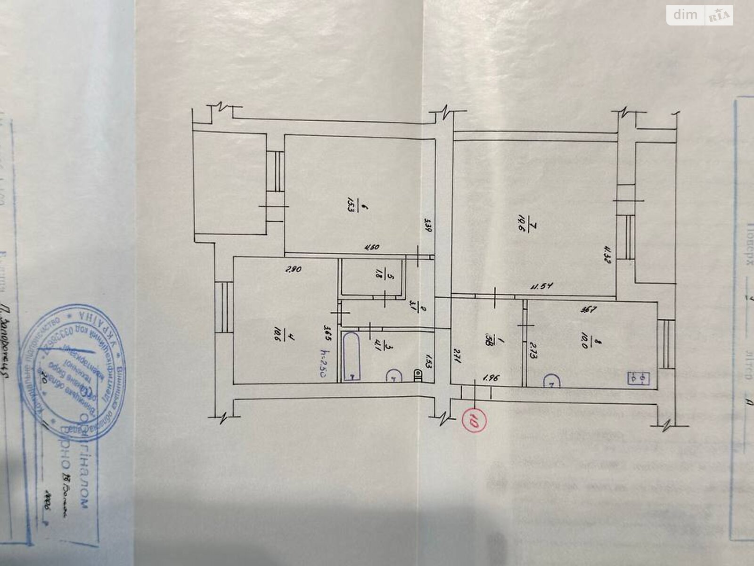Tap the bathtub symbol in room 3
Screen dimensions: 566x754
click(351, 357)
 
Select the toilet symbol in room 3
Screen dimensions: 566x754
click(418, 375)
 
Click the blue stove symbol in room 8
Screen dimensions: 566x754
click(639, 378)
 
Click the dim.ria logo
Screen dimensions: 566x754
click(700, 16)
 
